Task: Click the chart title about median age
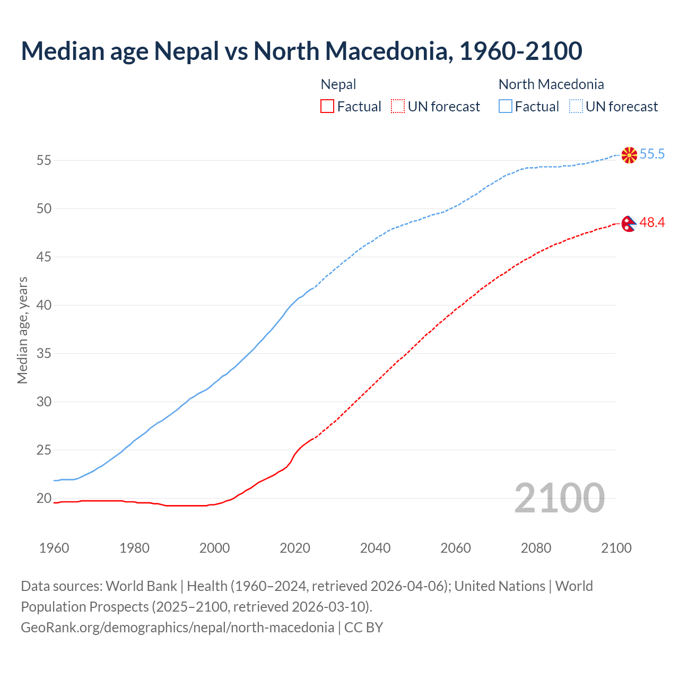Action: pyautogui.click(x=301, y=51)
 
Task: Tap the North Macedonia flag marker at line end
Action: pyautogui.click(x=629, y=155)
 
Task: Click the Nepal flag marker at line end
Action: pyautogui.click(x=629, y=223)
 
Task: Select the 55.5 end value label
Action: pyautogui.click(x=652, y=154)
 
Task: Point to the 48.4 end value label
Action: pyautogui.click(x=652, y=223)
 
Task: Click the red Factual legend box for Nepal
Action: pyautogui.click(x=327, y=107)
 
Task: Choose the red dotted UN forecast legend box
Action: pyautogui.click(x=398, y=107)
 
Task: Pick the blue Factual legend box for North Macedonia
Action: pyautogui.click(x=506, y=107)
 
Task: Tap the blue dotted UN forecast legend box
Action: pyautogui.click(x=576, y=107)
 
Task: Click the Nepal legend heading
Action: pyautogui.click(x=338, y=84)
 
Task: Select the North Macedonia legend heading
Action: pyautogui.click(x=551, y=84)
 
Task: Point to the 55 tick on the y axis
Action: pyautogui.click(x=44, y=160)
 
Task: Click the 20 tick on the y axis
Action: pyautogui.click(x=44, y=498)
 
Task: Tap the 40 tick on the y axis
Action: pyautogui.click(x=44, y=305)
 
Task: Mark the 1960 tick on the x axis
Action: pyautogui.click(x=54, y=548)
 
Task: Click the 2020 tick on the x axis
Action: pyautogui.click(x=295, y=548)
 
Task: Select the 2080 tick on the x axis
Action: pyautogui.click(x=536, y=548)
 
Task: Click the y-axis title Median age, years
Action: pyautogui.click(x=22, y=330)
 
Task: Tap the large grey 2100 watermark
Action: pyautogui.click(x=559, y=498)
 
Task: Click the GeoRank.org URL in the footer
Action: pyautogui.click(x=177, y=628)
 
